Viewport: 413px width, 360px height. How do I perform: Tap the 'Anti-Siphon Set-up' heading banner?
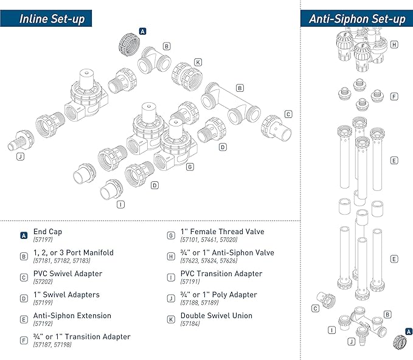pos(357,18)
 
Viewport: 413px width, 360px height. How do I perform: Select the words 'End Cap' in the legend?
pos(47,232)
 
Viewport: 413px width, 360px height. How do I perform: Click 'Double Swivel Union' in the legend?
pos(216,316)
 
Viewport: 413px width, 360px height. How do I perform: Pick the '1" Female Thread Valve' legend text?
pos(223,232)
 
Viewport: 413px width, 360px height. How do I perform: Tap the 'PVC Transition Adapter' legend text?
pos(221,274)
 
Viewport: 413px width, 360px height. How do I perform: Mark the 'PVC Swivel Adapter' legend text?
pos(68,274)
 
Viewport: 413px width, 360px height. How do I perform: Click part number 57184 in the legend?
pos(190,324)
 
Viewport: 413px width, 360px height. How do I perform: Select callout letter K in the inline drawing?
pos(198,62)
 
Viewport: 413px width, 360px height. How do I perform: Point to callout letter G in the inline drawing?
pos(190,166)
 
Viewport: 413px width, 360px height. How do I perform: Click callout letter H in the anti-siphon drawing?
pos(394,44)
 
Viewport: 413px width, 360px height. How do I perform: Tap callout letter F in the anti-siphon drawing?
pos(394,96)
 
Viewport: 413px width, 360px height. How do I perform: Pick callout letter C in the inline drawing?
pos(288,114)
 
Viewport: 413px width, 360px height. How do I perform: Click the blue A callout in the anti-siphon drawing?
pos(408,331)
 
